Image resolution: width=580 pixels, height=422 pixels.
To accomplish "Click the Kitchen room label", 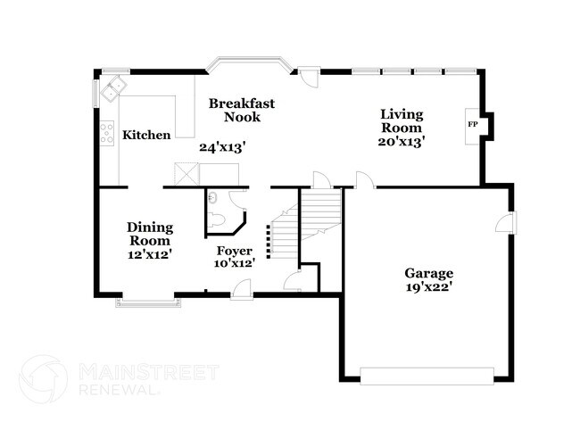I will pos(146,136).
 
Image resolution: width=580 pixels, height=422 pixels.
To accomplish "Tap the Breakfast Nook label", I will pos(242,111).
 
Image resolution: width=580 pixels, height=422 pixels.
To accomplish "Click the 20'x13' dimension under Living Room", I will pos(402,140).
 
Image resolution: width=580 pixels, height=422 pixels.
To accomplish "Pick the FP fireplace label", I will pos(472,124).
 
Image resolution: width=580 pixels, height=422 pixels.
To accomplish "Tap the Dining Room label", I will pos(149,234).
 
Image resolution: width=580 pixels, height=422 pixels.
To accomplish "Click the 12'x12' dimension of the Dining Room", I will pos(149,254).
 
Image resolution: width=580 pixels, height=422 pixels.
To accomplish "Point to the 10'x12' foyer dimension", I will pos(235,264).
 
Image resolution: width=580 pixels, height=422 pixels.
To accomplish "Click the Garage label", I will pos(429,273).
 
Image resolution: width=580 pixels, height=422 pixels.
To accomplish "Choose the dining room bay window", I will pos(147,303).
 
